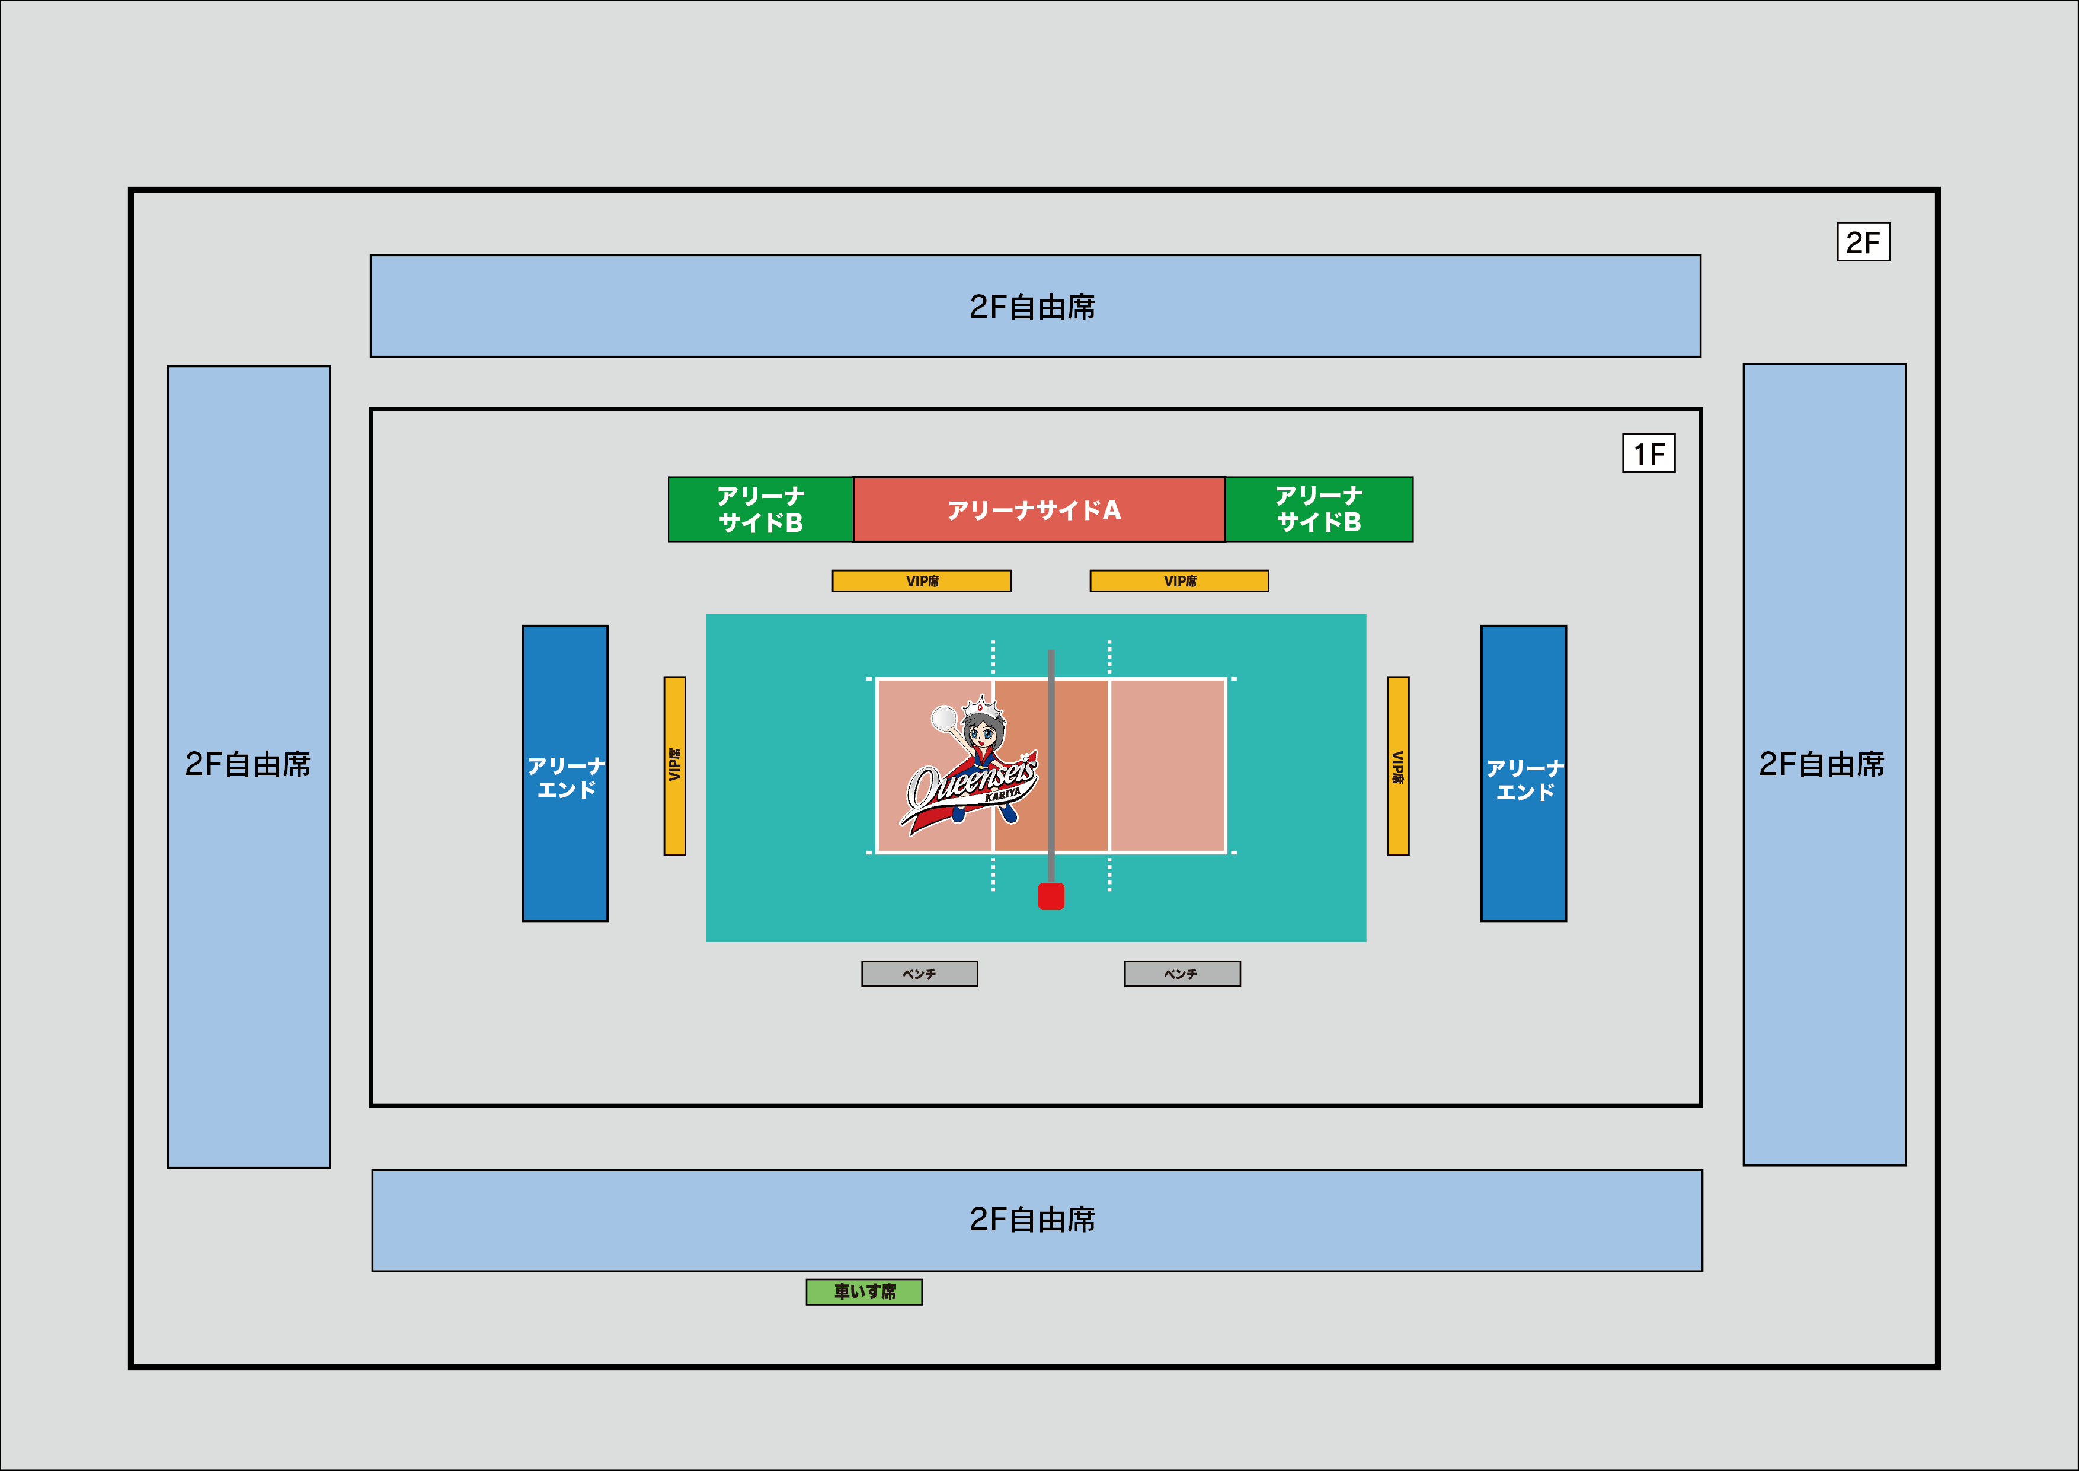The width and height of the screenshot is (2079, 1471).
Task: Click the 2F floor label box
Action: pos(1863,242)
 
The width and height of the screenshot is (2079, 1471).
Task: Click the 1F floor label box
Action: pos(1648,454)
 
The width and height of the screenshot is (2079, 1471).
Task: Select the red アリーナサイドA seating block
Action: pos(1038,510)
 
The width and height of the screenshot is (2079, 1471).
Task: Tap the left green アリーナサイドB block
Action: pos(760,510)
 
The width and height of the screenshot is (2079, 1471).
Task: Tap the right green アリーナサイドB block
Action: pos(1319,509)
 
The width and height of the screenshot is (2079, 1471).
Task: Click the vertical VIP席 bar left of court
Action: pos(674,765)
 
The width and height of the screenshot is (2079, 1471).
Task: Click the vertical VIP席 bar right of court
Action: pos(1398,765)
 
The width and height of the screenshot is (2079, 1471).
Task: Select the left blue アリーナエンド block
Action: pos(565,774)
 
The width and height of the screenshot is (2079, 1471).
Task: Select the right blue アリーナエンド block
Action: pos(1523,774)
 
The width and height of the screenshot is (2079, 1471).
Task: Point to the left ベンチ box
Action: pos(919,974)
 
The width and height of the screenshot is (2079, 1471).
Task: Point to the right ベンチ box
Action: pos(1182,974)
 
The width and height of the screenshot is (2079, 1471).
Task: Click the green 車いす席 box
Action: pos(864,1292)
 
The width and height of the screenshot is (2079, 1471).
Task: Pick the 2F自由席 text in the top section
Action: pos(1032,307)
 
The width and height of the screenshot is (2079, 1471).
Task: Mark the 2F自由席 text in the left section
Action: pos(248,764)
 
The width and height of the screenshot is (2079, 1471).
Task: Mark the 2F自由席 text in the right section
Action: pos(1822,764)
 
